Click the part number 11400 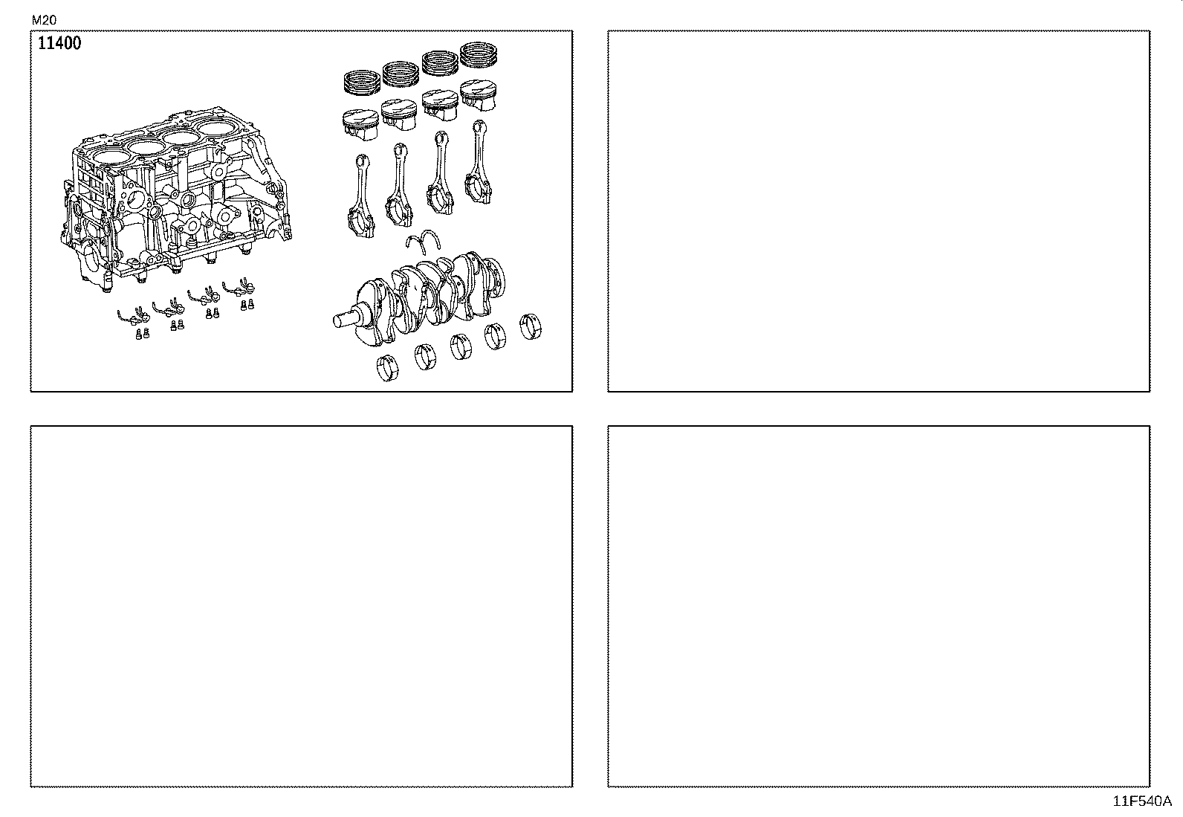pyautogui.click(x=59, y=43)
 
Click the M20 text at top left pyautogui.click(x=44, y=20)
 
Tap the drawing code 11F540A pyautogui.click(x=1141, y=801)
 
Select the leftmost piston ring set pyautogui.click(x=361, y=81)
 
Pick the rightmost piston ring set pyautogui.click(x=479, y=55)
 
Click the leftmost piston pyautogui.click(x=360, y=123)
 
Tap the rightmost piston pyautogui.click(x=479, y=93)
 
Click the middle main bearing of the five pyautogui.click(x=460, y=346)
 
